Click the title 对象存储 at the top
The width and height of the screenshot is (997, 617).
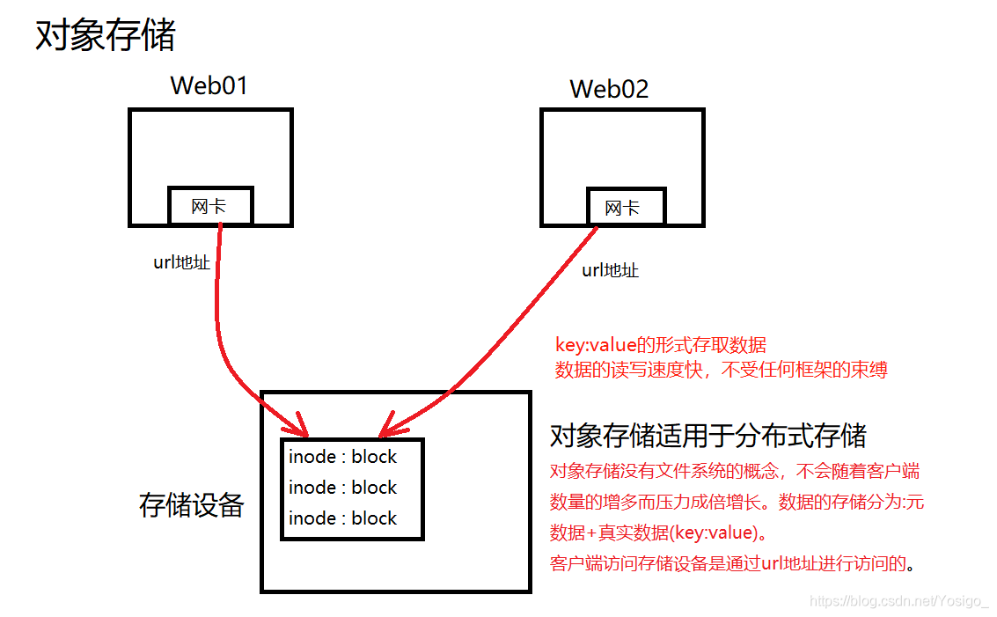pos(106,36)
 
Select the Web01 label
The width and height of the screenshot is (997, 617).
pos(209,85)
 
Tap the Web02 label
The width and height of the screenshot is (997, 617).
pos(609,89)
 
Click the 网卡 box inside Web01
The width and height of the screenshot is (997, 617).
pos(209,207)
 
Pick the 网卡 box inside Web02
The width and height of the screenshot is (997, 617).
pos(622,209)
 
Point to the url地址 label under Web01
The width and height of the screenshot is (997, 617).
pos(182,261)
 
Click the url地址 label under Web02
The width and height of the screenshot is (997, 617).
pos(611,270)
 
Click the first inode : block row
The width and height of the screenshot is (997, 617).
pos(342,457)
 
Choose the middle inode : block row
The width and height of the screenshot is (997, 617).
pos(342,488)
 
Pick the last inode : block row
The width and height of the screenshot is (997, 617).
pos(342,518)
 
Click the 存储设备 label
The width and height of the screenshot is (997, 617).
pos(191,505)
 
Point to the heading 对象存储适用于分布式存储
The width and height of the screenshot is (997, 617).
pos(707,436)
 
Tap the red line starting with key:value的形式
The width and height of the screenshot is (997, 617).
pos(660,345)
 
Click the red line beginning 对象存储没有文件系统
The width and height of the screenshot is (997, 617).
pos(735,471)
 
